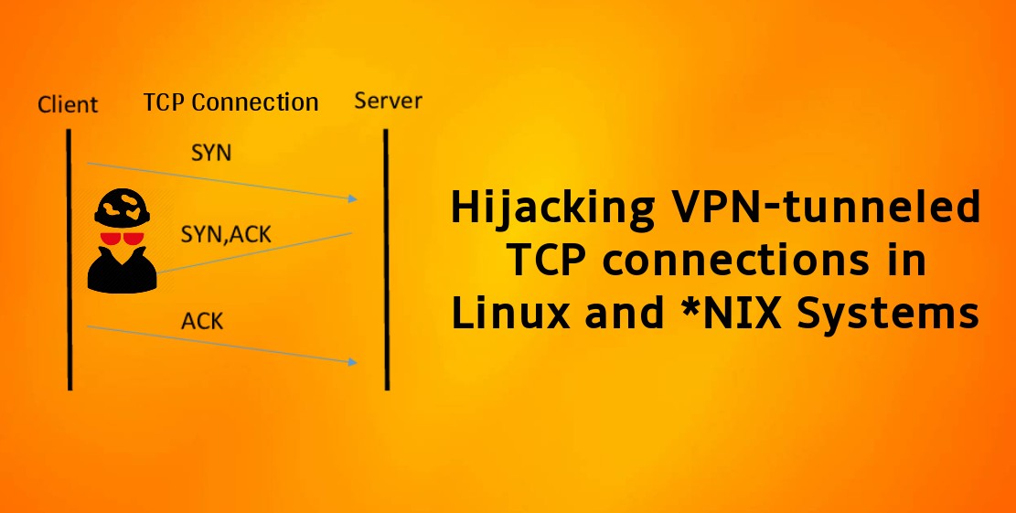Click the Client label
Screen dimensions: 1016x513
click(68, 104)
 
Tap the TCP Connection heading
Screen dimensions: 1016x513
click(230, 102)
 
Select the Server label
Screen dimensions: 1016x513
click(388, 101)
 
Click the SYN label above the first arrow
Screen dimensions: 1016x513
click(211, 153)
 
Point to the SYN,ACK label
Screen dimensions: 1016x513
click(226, 234)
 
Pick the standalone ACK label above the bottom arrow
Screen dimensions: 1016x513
click(202, 321)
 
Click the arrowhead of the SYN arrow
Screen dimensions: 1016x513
click(353, 198)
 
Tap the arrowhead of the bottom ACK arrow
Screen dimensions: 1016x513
click(353, 361)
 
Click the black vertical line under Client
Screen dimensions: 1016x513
click(70, 259)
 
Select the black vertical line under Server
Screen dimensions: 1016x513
click(386, 259)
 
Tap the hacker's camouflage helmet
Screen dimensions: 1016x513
click(123, 207)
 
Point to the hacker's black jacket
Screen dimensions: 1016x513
click(123, 271)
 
